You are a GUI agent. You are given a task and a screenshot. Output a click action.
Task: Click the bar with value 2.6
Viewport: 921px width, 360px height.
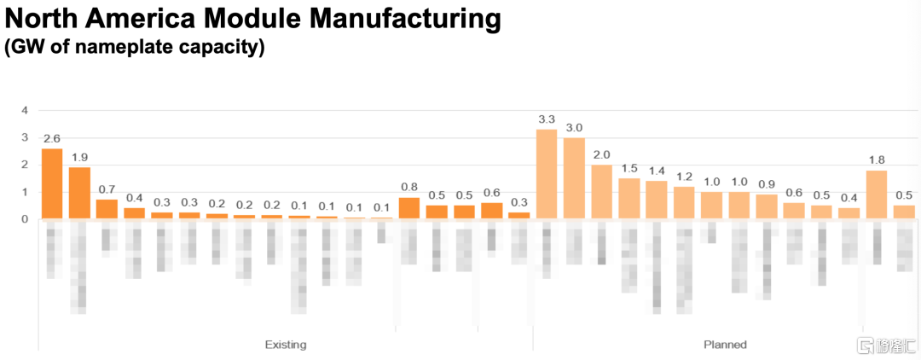52,183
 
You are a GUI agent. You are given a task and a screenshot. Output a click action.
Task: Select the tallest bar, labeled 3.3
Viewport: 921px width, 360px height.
547,174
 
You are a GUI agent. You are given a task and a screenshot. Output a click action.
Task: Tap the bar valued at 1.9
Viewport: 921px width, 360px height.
79,193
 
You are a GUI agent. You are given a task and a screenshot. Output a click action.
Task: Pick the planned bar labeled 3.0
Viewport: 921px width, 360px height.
574,178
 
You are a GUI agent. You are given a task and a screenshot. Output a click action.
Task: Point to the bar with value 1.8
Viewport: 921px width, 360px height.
876,195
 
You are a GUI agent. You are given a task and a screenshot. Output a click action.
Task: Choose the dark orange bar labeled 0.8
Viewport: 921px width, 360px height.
409,208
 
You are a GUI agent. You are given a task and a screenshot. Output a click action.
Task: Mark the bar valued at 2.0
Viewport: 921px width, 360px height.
601,192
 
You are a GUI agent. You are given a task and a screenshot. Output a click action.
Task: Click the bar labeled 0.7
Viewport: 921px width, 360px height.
107,209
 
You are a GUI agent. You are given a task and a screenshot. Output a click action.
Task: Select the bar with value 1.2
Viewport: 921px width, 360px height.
684,203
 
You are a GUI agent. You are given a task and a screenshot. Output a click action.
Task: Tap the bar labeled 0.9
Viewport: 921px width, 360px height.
767,206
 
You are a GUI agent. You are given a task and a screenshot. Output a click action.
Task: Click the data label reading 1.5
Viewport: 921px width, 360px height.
629,169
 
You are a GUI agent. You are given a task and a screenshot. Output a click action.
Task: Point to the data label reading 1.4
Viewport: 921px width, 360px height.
657,171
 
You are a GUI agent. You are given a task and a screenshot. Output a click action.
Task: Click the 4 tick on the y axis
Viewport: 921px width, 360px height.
25,110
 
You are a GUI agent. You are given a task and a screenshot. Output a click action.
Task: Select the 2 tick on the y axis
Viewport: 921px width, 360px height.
25,165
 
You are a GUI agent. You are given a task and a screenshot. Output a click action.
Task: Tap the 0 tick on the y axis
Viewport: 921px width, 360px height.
25,219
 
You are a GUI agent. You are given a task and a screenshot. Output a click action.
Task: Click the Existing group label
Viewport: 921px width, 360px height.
286,345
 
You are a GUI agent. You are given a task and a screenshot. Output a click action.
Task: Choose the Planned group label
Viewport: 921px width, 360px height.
725,345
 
